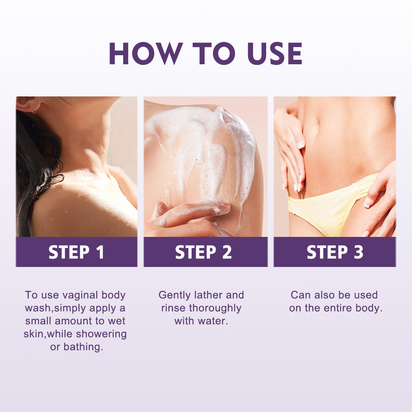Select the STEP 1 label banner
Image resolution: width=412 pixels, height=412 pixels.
tap(77, 252)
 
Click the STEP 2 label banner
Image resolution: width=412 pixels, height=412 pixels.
tap(205, 252)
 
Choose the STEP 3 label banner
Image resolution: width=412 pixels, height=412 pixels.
tap(335, 252)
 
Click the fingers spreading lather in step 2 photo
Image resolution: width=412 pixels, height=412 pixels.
tap(194, 210)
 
